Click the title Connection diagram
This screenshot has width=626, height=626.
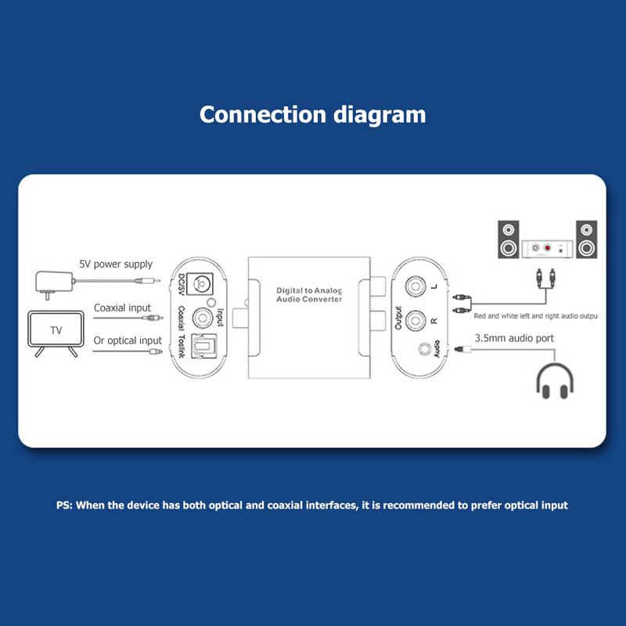click(x=312, y=114)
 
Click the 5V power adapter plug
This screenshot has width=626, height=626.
click(x=53, y=282)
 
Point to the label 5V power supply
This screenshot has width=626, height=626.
click(x=116, y=264)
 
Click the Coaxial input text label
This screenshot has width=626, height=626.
click(x=122, y=308)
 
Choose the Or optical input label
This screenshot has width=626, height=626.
click(x=128, y=340)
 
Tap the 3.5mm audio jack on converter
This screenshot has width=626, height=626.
click(x=427, y=349)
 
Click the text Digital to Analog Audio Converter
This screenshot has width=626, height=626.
click(x=309, y=295)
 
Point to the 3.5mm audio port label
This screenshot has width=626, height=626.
click(x=513, y=338)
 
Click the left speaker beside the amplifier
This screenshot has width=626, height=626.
click(x=509, y=240)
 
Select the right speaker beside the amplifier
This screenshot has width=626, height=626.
click(x=588, y=240)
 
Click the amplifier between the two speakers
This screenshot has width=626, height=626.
click(x=549, y=248)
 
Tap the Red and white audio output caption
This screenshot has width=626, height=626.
click(x=535, y=316)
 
